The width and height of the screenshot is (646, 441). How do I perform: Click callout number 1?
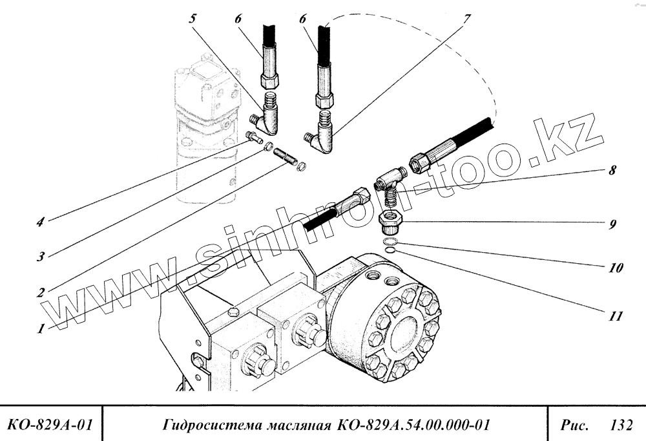click(x=41, y=328)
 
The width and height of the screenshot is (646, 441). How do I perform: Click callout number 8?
click(x=612, y=172)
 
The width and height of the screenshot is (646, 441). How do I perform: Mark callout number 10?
click(x=615, y=267)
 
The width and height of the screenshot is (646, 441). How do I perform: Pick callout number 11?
click(x=615, y=317)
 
